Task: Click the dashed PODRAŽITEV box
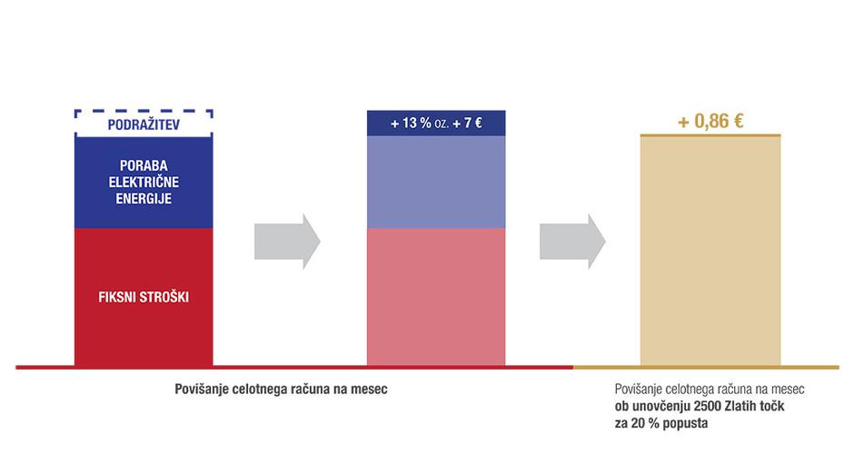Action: pyautogui.click(x=143, y=123)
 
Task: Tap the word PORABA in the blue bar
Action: pyautogui.click(x=144, y=165)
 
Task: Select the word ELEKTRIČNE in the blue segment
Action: pyautogui.click(x=144, y=182)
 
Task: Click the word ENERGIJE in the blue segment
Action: pyautogui.click(x=144, y=198)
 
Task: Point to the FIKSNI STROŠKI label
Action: pyautogui.click(x=144, y=296)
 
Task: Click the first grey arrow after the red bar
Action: pyautogui.click(x=287, y=241)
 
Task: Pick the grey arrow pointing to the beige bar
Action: pyautogui.click(x=572, y=241)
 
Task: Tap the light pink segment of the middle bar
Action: pyautogui.click(x=435, y=296)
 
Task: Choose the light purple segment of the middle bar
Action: pyautogui.click(x=435, y=182)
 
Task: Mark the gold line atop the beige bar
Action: pyautogui.click(x=710, y=135)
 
